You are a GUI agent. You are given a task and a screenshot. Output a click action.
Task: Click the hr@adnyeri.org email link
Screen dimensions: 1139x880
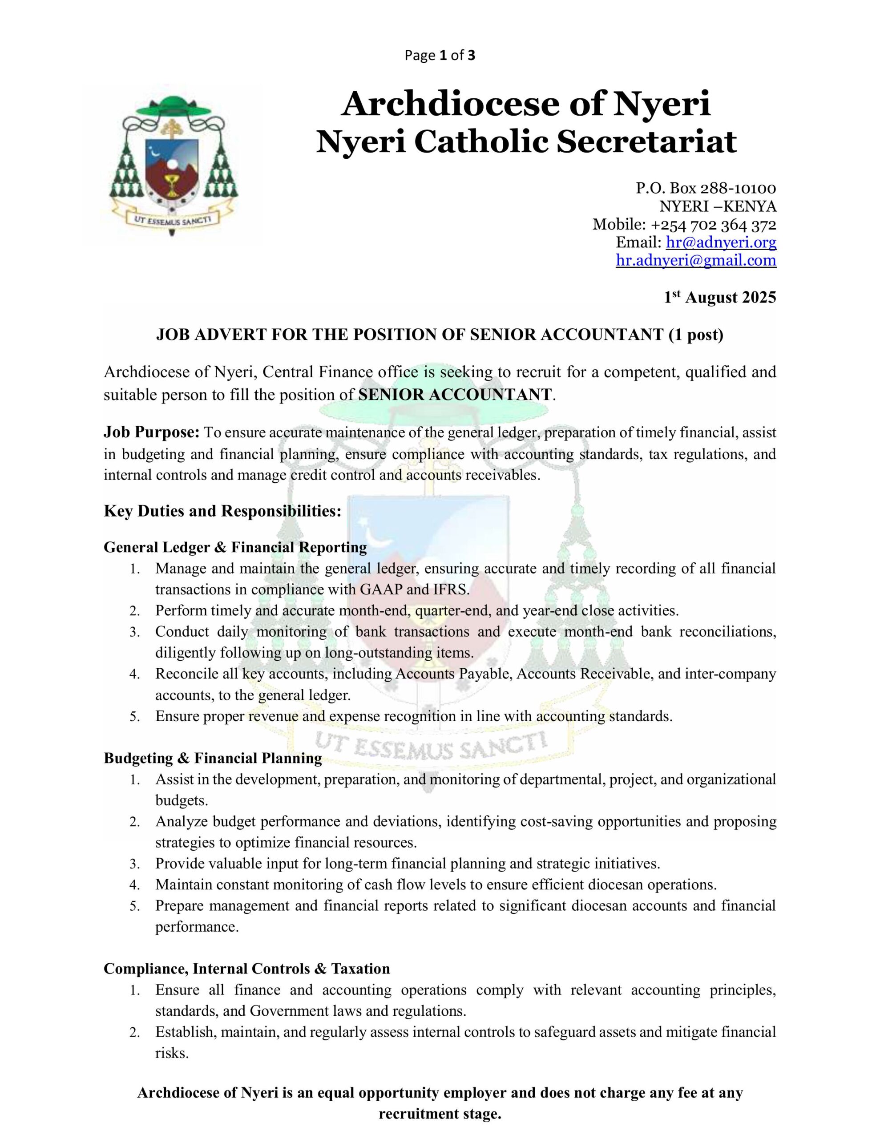click(721, 242)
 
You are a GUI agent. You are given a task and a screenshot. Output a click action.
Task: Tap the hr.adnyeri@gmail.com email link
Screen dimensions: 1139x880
click(696, 260)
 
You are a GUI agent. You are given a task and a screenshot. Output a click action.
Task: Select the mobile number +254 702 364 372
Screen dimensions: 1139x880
click(713, 225)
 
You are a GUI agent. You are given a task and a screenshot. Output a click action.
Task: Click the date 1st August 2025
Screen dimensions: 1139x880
click(720, 298)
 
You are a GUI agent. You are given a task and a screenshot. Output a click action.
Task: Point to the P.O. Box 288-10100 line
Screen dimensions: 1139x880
click(706, 188)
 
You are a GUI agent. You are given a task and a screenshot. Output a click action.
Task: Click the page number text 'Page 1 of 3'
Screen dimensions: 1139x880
click(440, 55)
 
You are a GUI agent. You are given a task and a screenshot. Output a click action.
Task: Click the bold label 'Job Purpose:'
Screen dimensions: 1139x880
click(152, 432)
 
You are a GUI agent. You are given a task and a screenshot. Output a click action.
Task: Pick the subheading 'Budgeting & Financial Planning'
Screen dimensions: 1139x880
click(213, 758)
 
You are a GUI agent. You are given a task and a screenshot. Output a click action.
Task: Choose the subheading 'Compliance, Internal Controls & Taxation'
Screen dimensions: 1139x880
click(247, 969)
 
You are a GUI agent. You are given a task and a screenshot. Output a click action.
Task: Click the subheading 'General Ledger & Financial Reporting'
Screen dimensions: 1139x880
click(235, 548)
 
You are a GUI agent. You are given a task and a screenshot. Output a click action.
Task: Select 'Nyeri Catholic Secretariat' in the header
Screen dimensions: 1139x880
click(526, 142)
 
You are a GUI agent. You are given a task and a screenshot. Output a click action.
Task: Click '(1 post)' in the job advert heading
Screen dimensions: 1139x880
click(696, 335)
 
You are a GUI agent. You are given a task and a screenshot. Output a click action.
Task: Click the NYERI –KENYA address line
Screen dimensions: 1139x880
click(718, 206)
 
